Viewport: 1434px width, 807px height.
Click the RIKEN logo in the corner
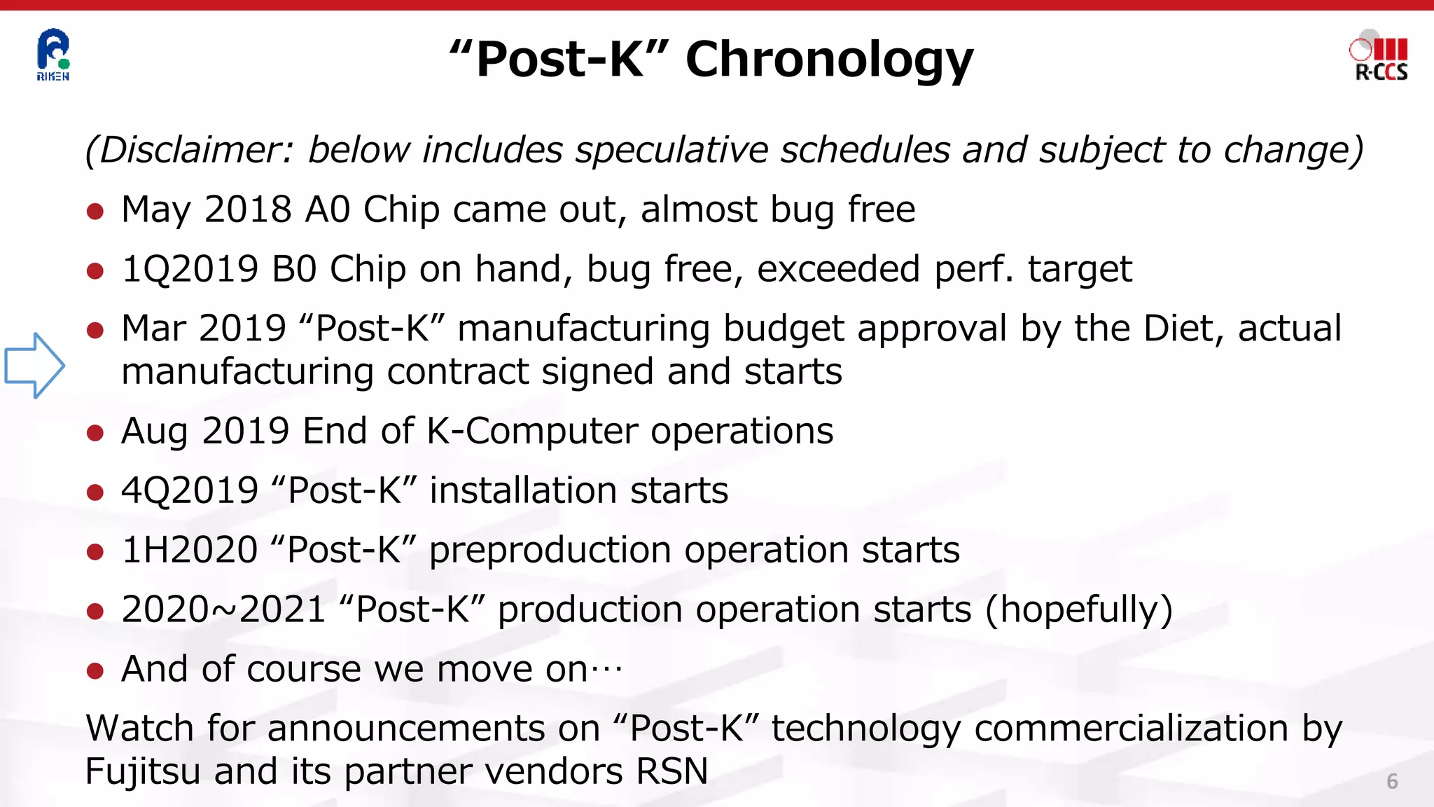click(x=53, y=55)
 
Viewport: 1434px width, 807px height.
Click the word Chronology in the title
click(x=829, y=60)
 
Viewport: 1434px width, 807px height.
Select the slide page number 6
click(x=1392, y=781)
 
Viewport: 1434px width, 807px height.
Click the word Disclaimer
click(x=189, y=150)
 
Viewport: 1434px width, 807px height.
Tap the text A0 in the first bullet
click(x=327, y=209)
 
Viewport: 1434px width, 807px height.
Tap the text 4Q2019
click(x=190, y=490)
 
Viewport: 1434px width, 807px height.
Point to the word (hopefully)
click(x=1078, y=609)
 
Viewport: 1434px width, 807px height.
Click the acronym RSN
click(x=672, y=771)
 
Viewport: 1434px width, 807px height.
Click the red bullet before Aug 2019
click(x=95, y=432)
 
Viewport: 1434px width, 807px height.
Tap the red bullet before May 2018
click(x=95, y=211)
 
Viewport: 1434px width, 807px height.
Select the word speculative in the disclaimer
click(x=671, y=150)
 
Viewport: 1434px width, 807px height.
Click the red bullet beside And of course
click(x=95, y=670)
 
